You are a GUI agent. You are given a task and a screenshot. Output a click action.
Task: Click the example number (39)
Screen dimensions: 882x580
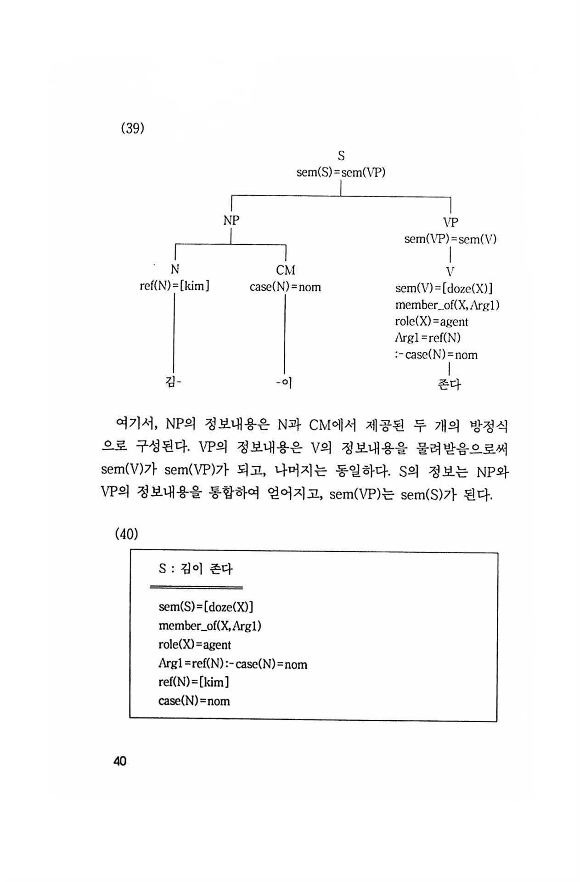tap(132, 128)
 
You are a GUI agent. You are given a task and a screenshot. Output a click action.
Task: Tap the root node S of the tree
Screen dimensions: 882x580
tap(341, 156)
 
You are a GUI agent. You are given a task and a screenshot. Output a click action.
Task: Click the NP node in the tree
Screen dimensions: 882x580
tap(231, 220)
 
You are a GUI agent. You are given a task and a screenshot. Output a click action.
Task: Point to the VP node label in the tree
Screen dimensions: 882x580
tap(450, 222)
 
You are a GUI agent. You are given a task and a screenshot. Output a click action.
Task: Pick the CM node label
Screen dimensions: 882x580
tap(286, 270)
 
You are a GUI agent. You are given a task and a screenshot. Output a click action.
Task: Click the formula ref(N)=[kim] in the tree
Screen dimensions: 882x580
tap(175, 286)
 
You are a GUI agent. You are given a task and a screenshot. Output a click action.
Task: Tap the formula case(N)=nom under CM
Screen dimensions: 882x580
tap(285, 287)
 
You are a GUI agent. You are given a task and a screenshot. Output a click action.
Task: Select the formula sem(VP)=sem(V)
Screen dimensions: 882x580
tap(450, 239)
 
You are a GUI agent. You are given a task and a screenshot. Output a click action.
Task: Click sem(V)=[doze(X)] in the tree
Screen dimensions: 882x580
tap(444, 288)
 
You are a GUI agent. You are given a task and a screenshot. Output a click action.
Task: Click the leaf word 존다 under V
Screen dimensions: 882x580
tap(449, 384)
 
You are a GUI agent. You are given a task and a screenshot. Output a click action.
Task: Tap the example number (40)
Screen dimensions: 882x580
tap(126, 534)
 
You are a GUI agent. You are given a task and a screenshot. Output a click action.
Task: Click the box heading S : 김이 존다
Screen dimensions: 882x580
tap(196, 569)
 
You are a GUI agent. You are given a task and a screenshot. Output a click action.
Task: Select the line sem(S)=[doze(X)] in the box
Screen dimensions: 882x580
tap(206, 607)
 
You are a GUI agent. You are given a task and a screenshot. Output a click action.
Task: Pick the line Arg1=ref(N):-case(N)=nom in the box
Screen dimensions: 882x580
tap(233, 664)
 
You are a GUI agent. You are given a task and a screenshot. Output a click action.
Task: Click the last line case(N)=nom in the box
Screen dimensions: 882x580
tap(194, 701)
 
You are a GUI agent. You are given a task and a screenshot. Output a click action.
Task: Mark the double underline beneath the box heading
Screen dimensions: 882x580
tap(196, 587)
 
